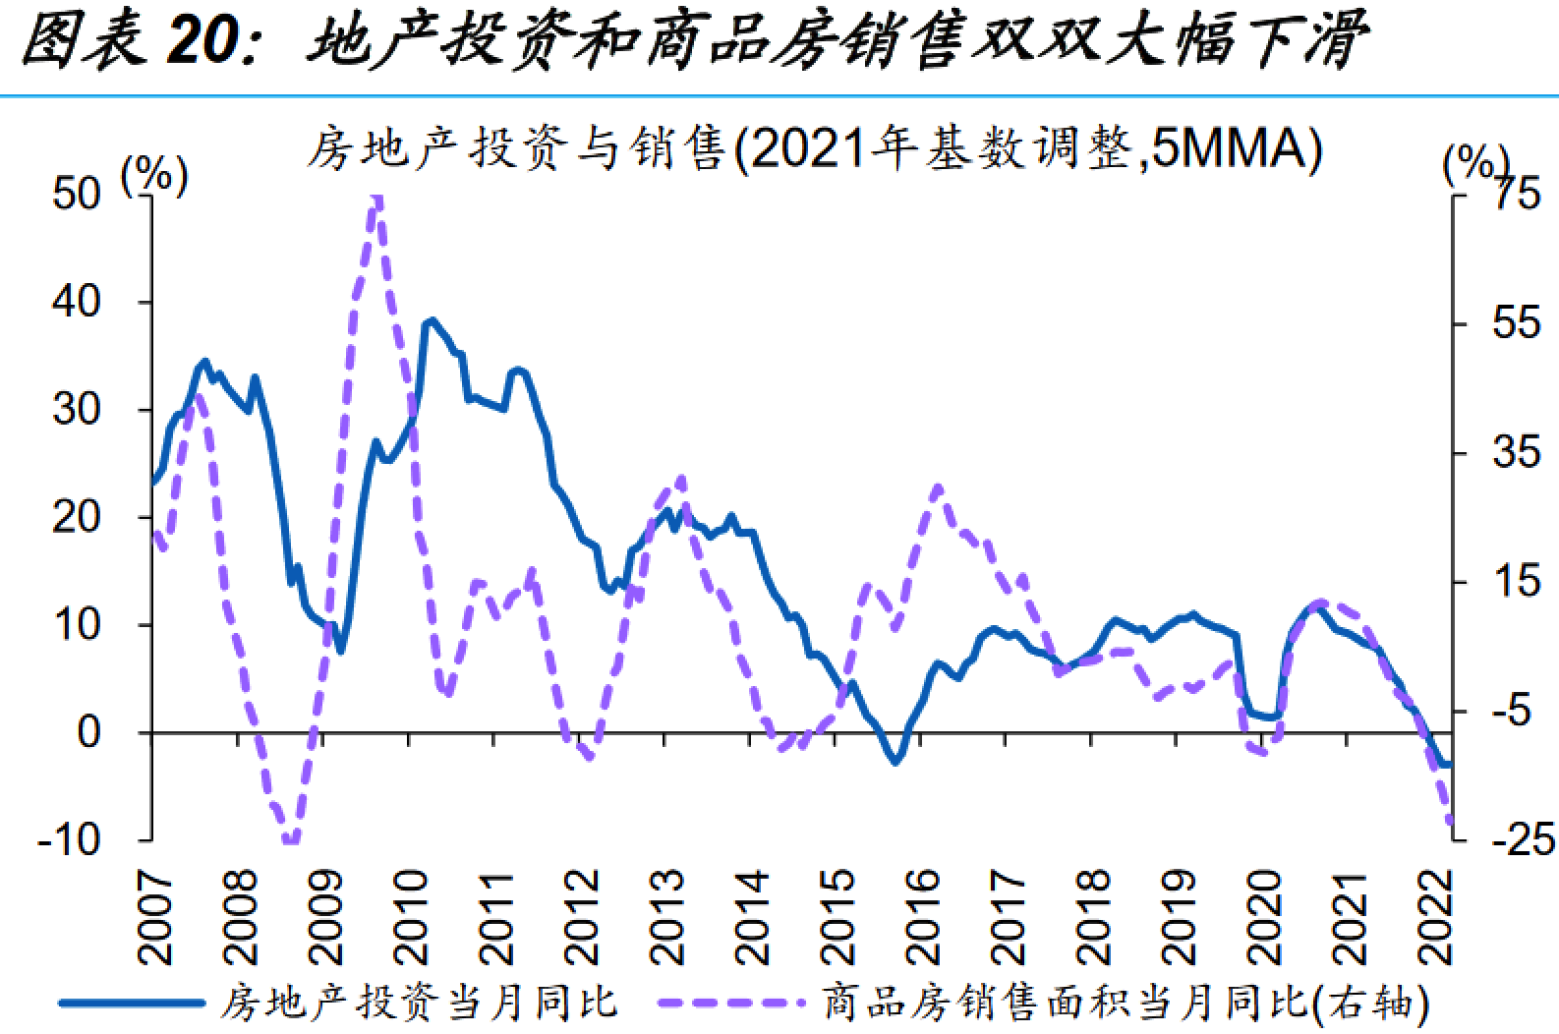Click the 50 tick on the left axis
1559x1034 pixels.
[x=76, y=195]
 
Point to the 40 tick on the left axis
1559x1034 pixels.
[x=76, y=302]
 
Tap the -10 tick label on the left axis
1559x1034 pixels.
[x=69, y=840]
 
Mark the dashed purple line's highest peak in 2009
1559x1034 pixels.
[x=375, y=200]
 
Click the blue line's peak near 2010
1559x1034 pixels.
[x=431, y=320]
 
